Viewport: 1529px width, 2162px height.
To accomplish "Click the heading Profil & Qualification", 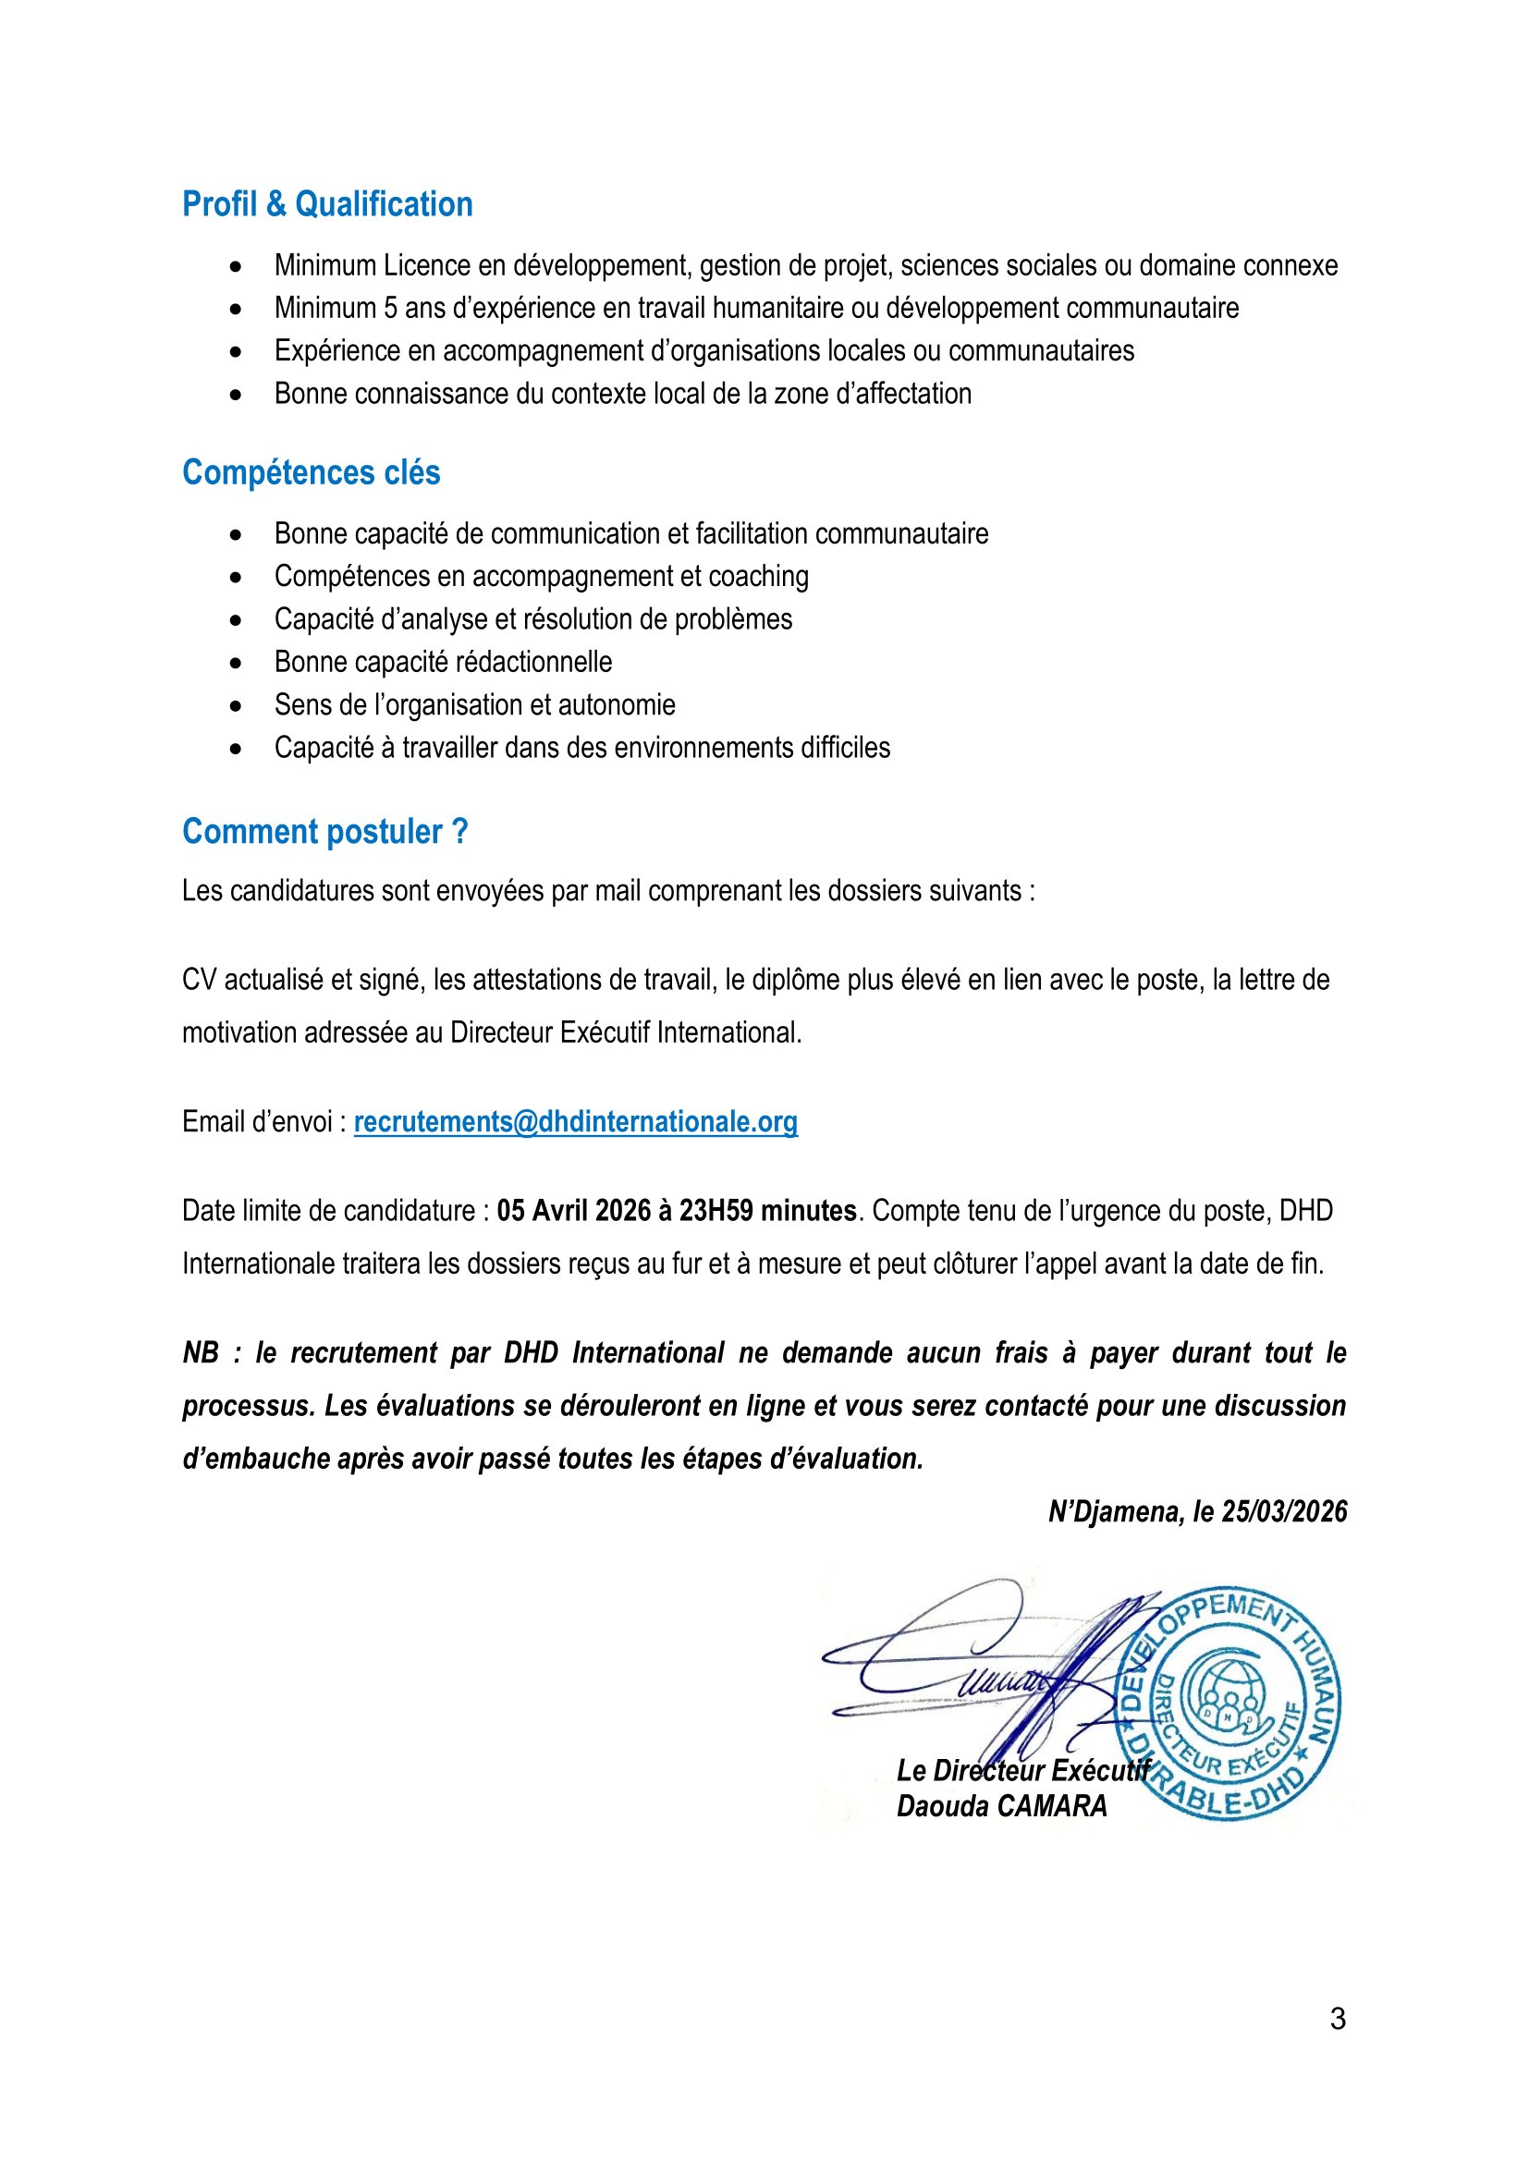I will (326, 204).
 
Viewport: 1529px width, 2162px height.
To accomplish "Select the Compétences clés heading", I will (311, 472).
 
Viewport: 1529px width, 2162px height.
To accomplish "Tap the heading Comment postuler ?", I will (324, 833).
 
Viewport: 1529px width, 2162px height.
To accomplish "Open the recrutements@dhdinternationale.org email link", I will (575, 1121).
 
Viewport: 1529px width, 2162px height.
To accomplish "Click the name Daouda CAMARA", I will (1002, 1806).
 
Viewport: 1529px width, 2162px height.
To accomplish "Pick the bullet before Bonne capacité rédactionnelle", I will (236, 663).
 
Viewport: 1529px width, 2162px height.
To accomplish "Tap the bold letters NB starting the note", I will (201, 1353).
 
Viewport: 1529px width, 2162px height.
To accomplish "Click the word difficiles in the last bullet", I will (846, 748).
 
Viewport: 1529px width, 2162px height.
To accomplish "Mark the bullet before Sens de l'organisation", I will (236, 705).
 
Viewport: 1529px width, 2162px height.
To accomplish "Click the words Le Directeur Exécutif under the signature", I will (1022, 1770).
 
